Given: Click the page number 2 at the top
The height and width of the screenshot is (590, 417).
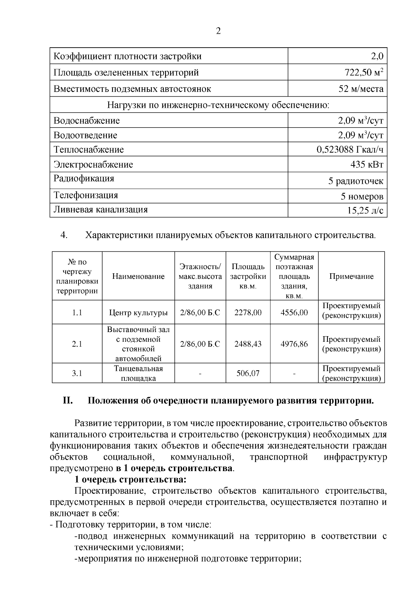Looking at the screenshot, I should pyautogui.click(x=218, y=31).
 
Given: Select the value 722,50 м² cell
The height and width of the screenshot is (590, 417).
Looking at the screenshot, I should pyautogui.click(x=364, y=73).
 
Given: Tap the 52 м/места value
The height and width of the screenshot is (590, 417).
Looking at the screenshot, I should pyautogui.click(x=361, y=89).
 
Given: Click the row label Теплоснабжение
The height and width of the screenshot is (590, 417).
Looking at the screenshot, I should pyautogui.click(x=89, y=150).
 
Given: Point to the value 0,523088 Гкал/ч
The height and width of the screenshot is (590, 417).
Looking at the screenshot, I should pyautogui.click(x=350, y=150).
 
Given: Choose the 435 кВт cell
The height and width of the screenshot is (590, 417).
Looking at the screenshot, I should pyautogui.click(x=367, y=164).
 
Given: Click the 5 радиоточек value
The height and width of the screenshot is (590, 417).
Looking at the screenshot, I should pyautogui.click(x=356, y=181).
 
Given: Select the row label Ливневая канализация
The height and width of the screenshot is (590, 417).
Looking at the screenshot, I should pyautogui.click(x=100, y=210).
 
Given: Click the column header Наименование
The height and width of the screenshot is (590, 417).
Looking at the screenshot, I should pyautogui.click(x=138, y=276).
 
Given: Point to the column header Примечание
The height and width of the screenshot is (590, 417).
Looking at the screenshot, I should pyautogui.click(x=351, y=276).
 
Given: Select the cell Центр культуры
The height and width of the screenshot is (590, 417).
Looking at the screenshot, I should pyautogui.click(x=138, y=313).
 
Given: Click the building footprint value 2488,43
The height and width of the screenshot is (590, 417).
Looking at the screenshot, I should pyautogui.click(x=248, y=344).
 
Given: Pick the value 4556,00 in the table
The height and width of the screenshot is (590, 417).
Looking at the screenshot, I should pyautogui.click(x=294, y=313).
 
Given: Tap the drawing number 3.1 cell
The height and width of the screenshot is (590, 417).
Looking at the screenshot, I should pyautogui.click(x=77, y=373).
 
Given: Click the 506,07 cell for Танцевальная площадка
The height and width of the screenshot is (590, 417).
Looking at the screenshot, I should pyautogui.click(x=248, y=373).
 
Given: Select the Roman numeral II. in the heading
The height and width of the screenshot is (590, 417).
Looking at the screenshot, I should pyautogui.click(x=67, y=401).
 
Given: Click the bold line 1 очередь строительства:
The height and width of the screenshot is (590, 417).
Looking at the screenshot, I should pyautogui.click(x=131, y=480).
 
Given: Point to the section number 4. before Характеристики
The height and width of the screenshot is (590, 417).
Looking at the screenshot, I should pyautogui.click(x=64, y=235).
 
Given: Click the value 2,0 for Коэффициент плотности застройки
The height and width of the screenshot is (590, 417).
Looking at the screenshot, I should pyautogui.click(x=377, y=56).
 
